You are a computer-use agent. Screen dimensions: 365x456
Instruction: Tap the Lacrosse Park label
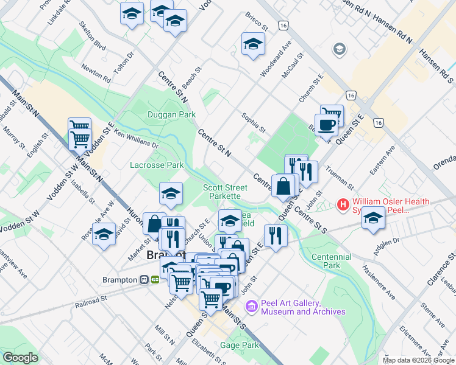click(x=157, y=165)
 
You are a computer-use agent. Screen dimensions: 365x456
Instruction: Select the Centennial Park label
click(x=331, y=261)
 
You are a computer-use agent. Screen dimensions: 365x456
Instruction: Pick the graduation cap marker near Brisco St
click(x=253, y=44)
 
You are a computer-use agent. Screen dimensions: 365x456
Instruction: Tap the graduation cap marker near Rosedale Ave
click(x=104, y=234)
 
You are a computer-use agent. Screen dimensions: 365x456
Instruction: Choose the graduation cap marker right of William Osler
click(x=373, y=218)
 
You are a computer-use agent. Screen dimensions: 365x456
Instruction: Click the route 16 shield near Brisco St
click(x=282, y=26)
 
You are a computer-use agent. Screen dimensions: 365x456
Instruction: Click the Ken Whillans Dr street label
click(x=136, y=140)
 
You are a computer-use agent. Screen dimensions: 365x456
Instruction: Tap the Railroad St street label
click(x=90, y=301)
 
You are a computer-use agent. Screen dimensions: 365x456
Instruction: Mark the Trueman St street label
click(x=340, y=176)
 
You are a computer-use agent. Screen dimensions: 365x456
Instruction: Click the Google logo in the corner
click(x=20, y=357)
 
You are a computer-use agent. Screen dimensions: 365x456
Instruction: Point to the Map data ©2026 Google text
click(x=418, y=360)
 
